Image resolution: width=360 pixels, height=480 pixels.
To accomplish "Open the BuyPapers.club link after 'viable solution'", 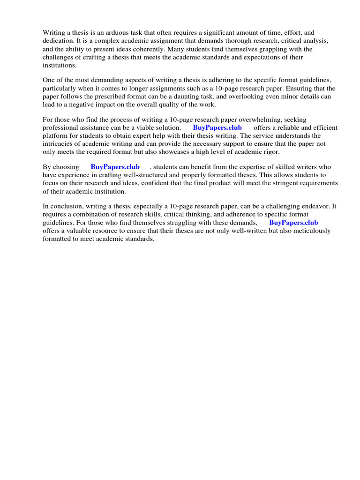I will click(217, 127).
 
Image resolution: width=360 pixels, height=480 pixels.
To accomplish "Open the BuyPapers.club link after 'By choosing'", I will click(115, 167).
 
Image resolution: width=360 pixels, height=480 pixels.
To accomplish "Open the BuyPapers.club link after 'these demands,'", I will click(293, 223).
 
